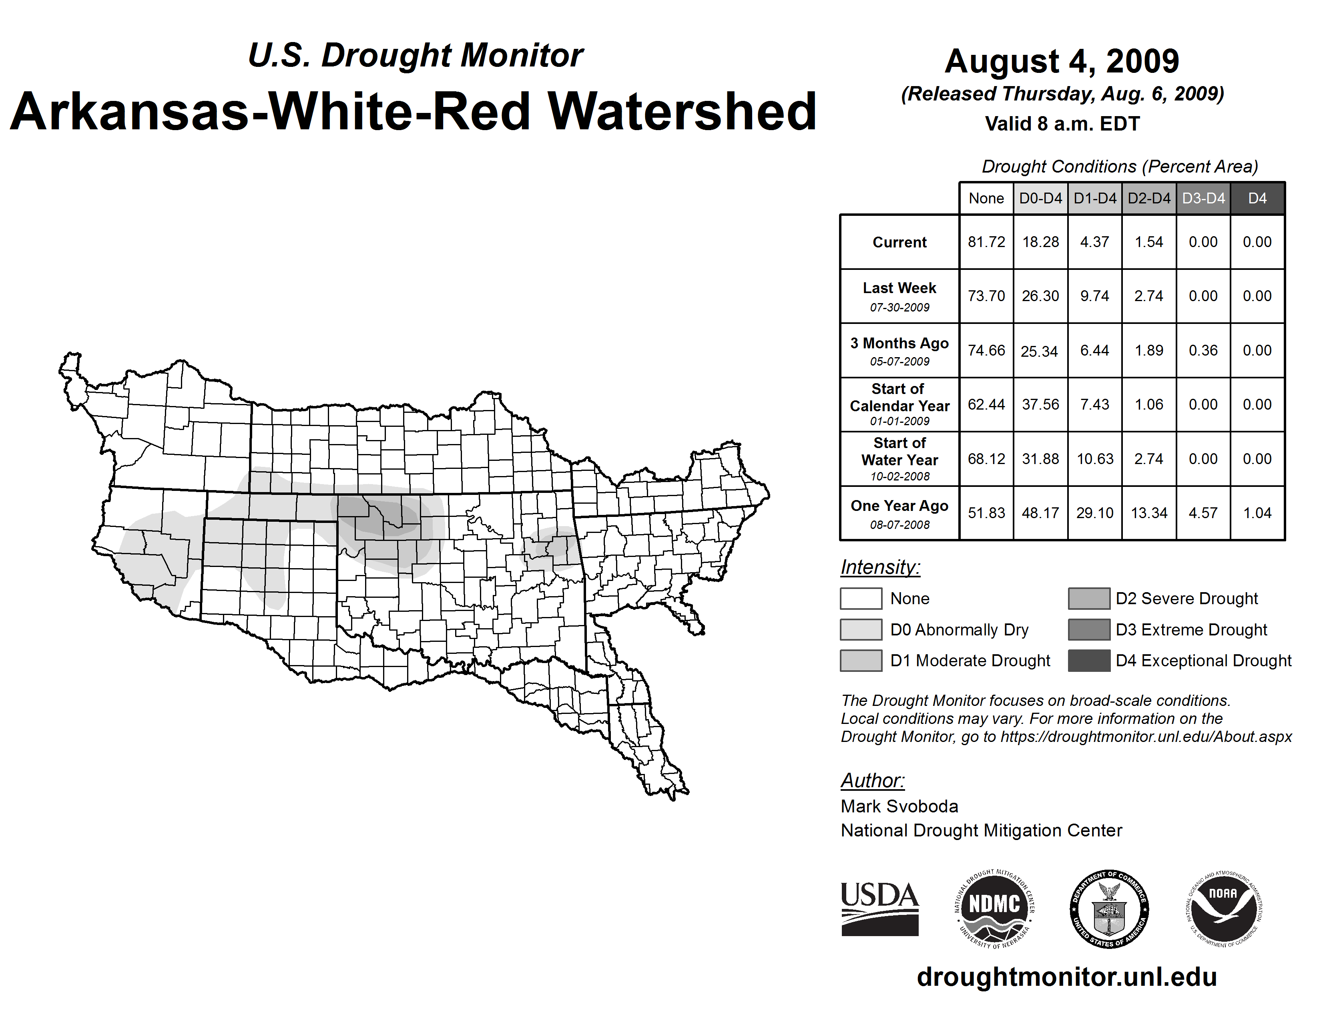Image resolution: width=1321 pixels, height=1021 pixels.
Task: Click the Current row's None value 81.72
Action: pos(986,242)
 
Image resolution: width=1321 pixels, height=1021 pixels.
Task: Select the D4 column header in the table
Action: pos(1257,198)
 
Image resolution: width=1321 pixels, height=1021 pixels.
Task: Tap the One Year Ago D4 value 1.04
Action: pos(1257,513)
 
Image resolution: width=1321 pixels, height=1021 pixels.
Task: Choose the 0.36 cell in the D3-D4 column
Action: pos(1203,350)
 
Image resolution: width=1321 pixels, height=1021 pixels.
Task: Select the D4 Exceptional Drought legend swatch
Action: pos(1089,661)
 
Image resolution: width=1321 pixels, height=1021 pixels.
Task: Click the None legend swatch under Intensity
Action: pos(861,598)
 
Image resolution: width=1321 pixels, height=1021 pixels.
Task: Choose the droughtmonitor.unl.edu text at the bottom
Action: pos(1066,976)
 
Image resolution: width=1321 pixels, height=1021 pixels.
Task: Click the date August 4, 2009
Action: pos(1062,61)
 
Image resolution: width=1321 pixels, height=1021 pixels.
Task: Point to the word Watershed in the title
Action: pos(682,112)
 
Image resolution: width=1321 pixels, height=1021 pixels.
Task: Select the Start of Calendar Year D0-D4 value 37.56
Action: pos(1040,404)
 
